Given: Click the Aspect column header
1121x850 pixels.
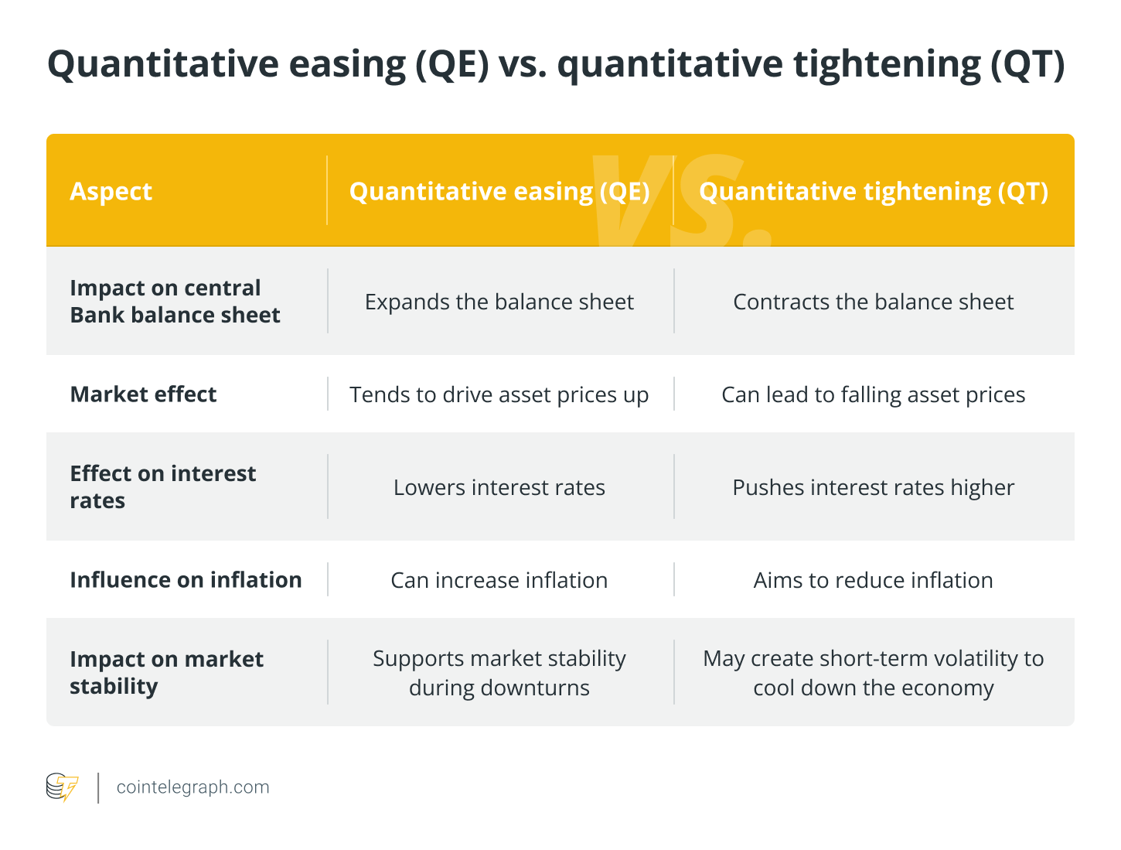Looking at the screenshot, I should click(x=111, y=192).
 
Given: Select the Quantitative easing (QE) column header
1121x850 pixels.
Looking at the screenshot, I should click(x=499, y=192).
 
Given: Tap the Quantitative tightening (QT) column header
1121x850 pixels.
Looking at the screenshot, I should click(x=873, y=192).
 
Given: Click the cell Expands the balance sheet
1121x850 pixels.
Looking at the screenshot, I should click(x=499, y=302).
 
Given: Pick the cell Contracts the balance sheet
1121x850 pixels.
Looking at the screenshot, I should click(x=873, y=302).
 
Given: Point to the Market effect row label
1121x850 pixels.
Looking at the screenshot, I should click(x=143, y=394).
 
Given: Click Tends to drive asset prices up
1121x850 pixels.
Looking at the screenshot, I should click(x=499, y=394).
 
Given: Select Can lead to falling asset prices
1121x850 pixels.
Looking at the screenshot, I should click(x=873, y=394).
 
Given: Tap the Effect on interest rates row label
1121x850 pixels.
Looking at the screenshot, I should click(x=162, y=487).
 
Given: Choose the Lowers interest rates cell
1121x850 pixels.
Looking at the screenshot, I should click(x=499, y=487).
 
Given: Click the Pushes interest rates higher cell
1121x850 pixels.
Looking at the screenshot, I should click(x=873, y=487).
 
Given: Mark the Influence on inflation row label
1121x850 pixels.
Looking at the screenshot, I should click(x=186, y=580).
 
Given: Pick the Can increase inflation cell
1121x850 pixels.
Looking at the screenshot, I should click(x=499, y=580).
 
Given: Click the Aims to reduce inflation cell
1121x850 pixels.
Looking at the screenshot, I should click(x=873, y=580).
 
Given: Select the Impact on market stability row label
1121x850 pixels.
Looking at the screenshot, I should click(x=166, y=672).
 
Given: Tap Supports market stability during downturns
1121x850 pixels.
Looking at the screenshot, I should click(x=499, y=672).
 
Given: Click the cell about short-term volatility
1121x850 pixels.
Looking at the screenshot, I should click(x=873, y=672).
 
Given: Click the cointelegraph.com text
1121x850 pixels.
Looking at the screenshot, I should click(x=193, y=787).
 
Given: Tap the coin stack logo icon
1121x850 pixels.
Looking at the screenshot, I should click(x=62, y=787).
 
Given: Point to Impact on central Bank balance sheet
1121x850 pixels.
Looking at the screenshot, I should click(x=175, y=302).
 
